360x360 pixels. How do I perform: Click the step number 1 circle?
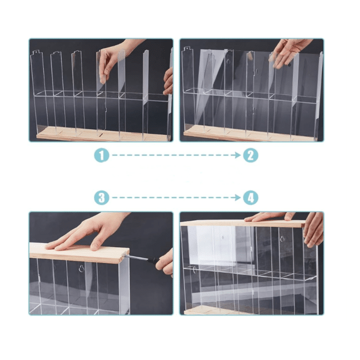tap(102, 155)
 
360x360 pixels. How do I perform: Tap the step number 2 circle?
tap(251, 155)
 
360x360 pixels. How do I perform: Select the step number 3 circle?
tap(102, 198)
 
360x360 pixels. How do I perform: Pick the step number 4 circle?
tap(251, 198)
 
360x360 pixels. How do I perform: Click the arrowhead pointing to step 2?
tap(238, 155)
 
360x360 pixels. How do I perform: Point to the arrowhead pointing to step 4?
tap(238, 198)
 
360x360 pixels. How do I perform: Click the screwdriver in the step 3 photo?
tap(142, 259)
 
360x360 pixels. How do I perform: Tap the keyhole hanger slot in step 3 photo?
tap(82, 269)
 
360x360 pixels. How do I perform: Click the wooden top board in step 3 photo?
tap(79, 253)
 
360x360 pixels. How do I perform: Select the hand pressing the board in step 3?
tap(87, 232)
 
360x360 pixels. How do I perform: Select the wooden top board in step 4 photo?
tap(243, 224)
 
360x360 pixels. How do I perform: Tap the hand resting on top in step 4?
tap(269, 217)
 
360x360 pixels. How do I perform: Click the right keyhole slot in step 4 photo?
tap(282, 239)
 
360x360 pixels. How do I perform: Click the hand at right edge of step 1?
tap(169, 82)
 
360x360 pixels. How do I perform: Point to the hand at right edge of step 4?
tap(314, 230)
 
